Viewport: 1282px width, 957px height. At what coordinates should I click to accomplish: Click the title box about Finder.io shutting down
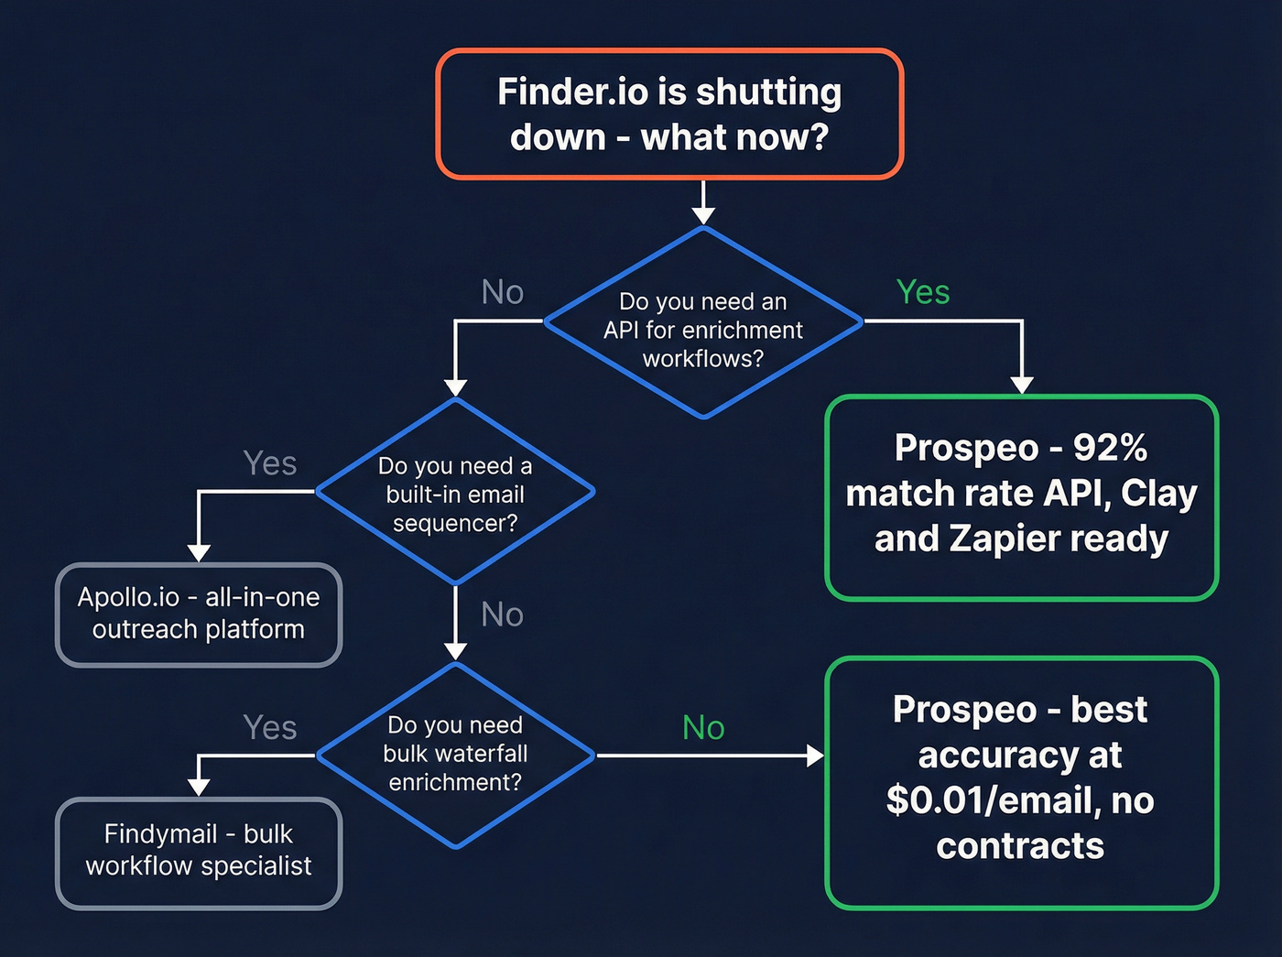[x=669, y=114]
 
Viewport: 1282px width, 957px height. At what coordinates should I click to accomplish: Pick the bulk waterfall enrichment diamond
[x=455, y=755]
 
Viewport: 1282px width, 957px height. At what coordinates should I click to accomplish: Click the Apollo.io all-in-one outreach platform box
[x=199, y=614]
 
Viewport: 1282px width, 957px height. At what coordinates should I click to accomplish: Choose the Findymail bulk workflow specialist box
[x=199, y=852]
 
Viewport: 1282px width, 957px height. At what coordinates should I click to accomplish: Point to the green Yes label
[x=923, y=292]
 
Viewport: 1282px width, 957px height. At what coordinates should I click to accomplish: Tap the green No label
[x=703, y=728]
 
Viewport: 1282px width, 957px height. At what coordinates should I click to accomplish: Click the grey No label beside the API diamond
[x=503, y=292]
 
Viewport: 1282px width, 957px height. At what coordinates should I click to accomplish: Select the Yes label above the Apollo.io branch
[x=270, y=463]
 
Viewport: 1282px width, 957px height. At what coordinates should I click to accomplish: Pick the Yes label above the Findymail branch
[x=270, y=728]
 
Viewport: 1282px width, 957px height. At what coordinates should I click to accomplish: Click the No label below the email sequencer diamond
[x=503, y=614]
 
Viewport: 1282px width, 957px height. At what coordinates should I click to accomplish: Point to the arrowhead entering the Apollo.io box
[x=199, y=553]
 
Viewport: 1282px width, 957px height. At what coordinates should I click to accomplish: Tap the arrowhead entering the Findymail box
[x=199, y=788]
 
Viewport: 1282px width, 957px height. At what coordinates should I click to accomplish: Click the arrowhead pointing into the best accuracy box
[x=815, y=756]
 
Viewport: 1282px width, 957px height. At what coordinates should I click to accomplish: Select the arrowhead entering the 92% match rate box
[x=1022, y=385]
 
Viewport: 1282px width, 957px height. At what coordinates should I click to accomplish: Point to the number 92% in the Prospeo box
[x=1110, y=448]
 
